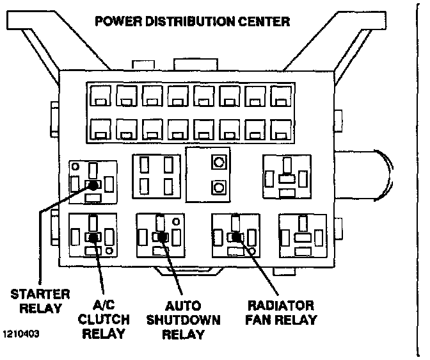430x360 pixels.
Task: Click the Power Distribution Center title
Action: (192, 21)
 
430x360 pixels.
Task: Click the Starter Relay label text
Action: (40, 301)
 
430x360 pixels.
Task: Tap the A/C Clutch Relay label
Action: (104, 320)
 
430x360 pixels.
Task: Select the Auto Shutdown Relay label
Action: (184, 320)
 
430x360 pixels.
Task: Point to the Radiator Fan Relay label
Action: (281, 313)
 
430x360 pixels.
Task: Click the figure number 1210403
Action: (21, 334)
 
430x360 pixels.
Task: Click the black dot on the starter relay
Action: (93, 185)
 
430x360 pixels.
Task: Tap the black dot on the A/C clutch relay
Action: (94, 237)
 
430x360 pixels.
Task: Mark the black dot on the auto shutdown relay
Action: (163, 236)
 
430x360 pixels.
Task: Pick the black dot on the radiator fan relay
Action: (237, 237)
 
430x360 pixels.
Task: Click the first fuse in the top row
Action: (100, 95)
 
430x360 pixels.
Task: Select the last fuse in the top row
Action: (281, 95)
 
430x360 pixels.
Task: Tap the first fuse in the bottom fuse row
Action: (100, 129)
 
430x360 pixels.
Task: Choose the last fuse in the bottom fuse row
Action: (281, 129)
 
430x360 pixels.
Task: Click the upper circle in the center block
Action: (219, 162)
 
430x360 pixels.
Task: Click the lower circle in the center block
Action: (219, 188)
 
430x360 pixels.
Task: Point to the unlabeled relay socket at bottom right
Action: (303, 236)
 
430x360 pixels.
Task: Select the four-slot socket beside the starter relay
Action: (156, 176)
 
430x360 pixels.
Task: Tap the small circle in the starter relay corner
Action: (76, 167)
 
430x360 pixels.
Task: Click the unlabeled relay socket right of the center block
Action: (287, 177)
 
